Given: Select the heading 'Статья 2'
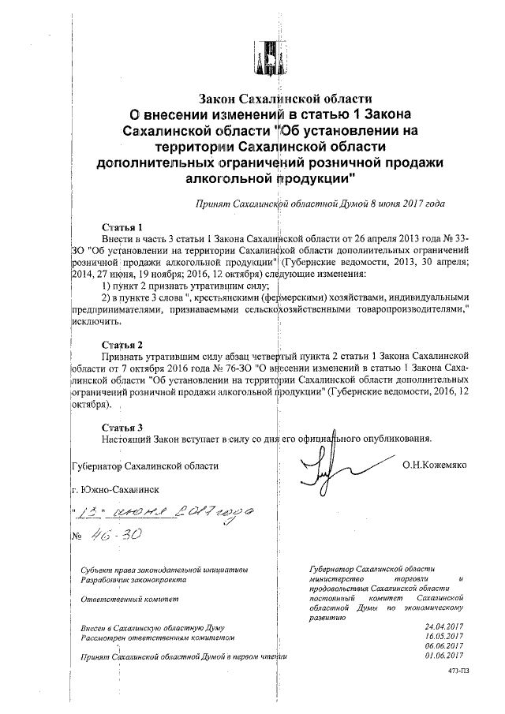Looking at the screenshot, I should coord(123,346).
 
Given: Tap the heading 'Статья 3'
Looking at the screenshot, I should coord(123,427).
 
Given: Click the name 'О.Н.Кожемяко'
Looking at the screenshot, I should coord(434,465).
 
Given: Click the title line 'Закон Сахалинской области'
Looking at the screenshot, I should coord(284,99).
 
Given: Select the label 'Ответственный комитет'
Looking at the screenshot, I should coord(126,600).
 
